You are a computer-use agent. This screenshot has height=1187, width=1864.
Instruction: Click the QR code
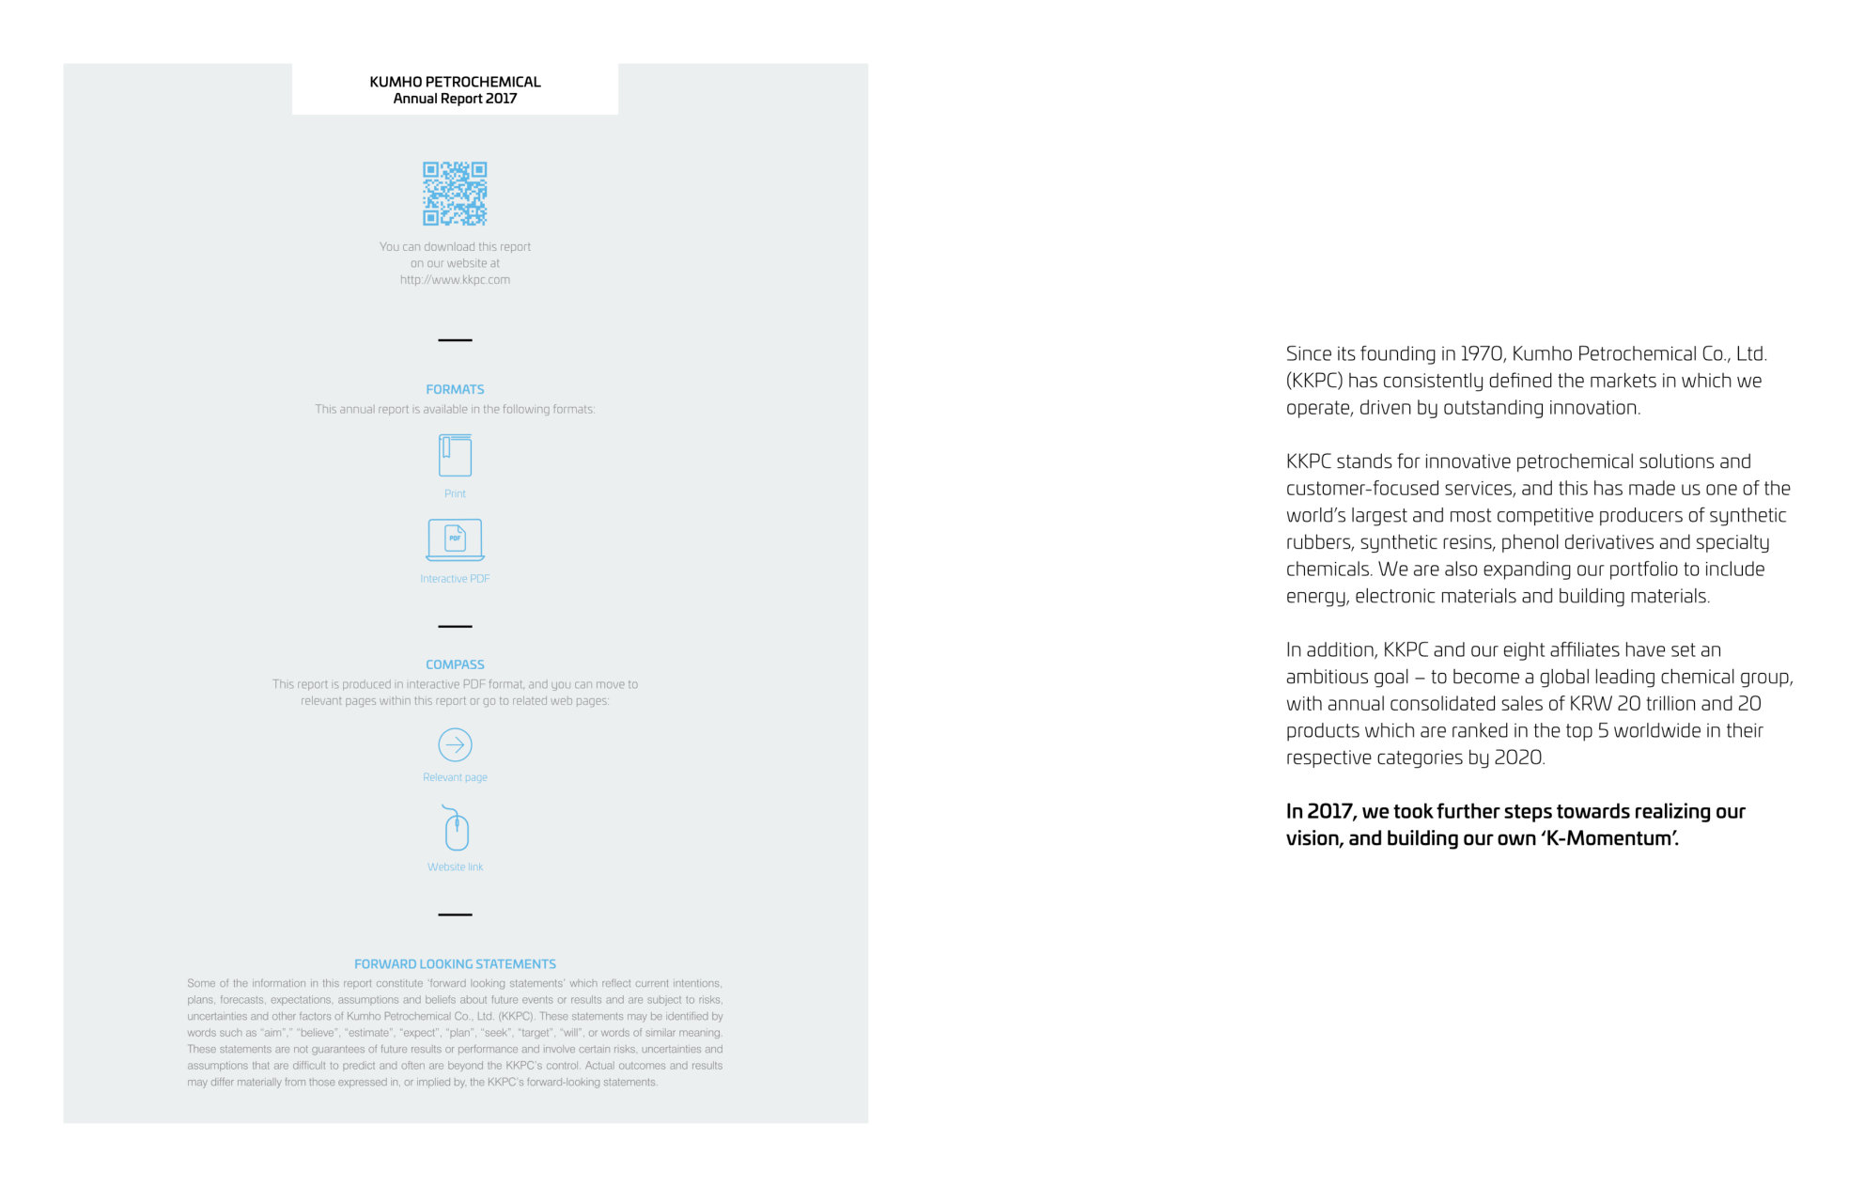click(455, 194)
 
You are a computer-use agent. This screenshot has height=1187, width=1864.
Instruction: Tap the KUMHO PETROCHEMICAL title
click(455, 82)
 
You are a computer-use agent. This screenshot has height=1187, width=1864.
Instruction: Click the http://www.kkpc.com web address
click(455, 280)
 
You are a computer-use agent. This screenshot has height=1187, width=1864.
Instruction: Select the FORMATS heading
click(455, 389)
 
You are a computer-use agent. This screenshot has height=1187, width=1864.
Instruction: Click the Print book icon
click(455, 456)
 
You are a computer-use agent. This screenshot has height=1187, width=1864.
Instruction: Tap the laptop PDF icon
click(455, 539)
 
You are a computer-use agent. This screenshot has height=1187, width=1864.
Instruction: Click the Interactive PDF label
click(455, 579)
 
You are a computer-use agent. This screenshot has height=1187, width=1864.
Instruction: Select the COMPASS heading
click(455, 664)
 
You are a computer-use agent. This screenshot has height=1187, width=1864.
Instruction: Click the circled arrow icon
click(455, 745)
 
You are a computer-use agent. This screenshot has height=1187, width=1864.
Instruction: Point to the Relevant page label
click(455, 777)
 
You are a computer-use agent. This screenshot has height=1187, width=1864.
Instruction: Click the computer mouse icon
click(456, 829)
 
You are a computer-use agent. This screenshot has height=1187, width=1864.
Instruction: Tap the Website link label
click(455, 867)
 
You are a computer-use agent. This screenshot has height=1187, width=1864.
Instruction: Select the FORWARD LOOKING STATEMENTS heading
click(455, 964)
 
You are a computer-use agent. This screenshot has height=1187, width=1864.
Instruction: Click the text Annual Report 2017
click(455, 99)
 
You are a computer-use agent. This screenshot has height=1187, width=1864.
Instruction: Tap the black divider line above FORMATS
click(455, 340)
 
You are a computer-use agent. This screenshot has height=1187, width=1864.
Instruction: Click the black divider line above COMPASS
click(455, 626)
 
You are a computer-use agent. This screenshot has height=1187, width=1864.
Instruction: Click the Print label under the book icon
click(455, 494)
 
